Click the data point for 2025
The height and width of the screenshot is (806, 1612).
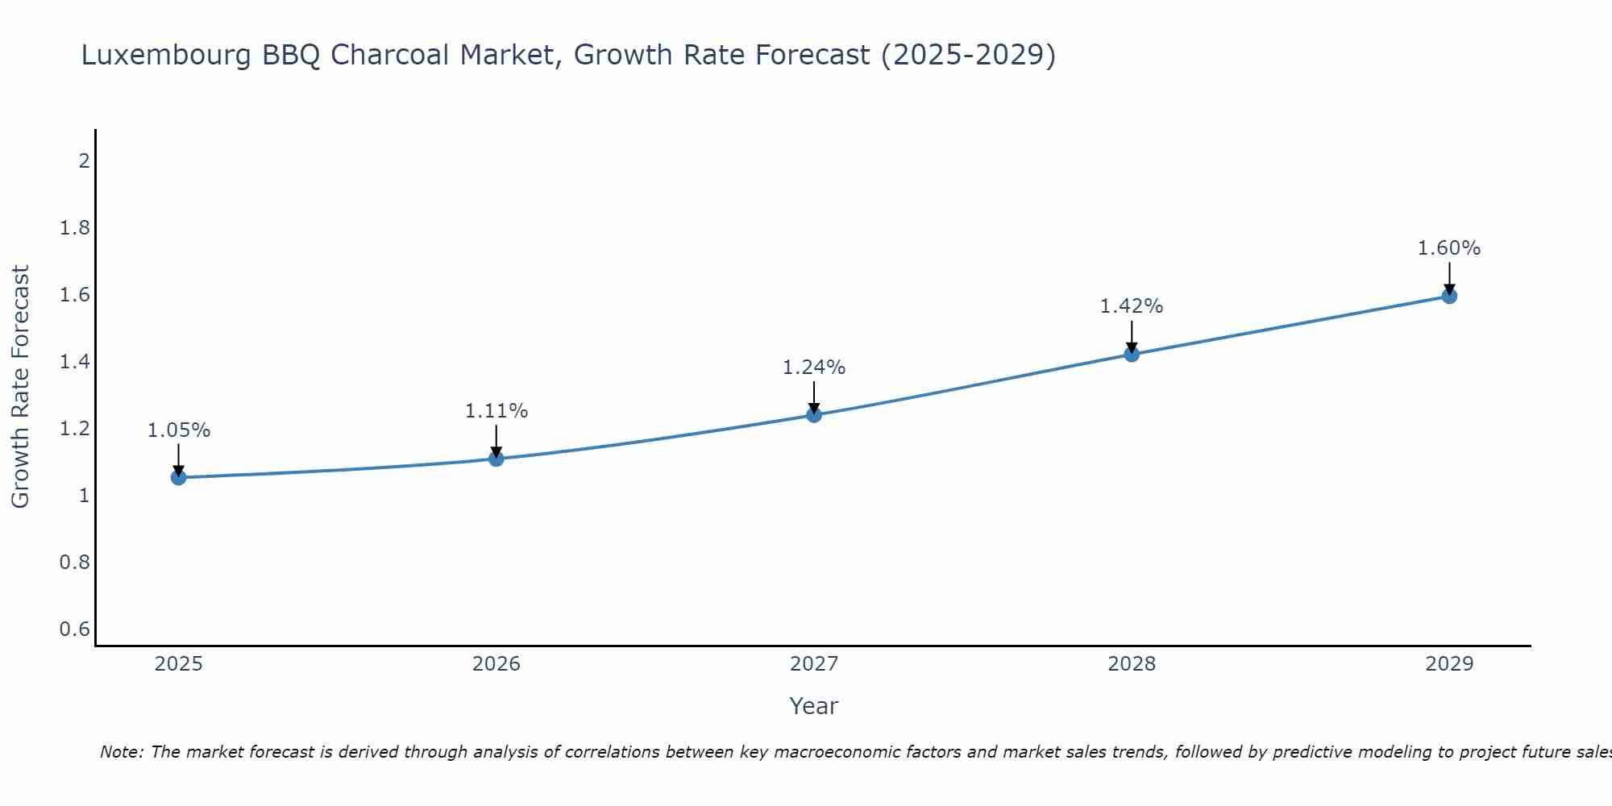(179, 478)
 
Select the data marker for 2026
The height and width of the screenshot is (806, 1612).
(496, 459)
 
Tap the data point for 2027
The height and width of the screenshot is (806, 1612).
(814, 415)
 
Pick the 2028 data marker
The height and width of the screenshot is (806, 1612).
(1132, 354)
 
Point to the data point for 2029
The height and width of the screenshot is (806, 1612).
(1449, 296)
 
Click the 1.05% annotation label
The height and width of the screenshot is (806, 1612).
(179, 430)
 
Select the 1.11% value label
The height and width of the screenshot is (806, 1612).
(496, 411)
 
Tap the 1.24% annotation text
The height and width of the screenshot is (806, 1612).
(814, 368)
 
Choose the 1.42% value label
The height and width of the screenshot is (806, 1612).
(1132, 306)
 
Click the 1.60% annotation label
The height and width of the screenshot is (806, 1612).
(1449, 248)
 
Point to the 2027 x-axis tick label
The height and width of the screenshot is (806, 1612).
(814, 664)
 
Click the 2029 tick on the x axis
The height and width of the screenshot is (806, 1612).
(1449, 664)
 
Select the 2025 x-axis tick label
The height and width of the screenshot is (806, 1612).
(179, 664)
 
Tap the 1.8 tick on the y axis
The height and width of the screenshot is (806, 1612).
(75, 228)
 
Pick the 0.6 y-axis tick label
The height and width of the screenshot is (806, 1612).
(75, 629)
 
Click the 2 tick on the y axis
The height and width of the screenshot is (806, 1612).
(84, 161)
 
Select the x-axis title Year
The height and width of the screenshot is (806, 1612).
(814, 706)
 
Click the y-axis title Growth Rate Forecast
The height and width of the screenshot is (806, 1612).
(20, 387)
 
